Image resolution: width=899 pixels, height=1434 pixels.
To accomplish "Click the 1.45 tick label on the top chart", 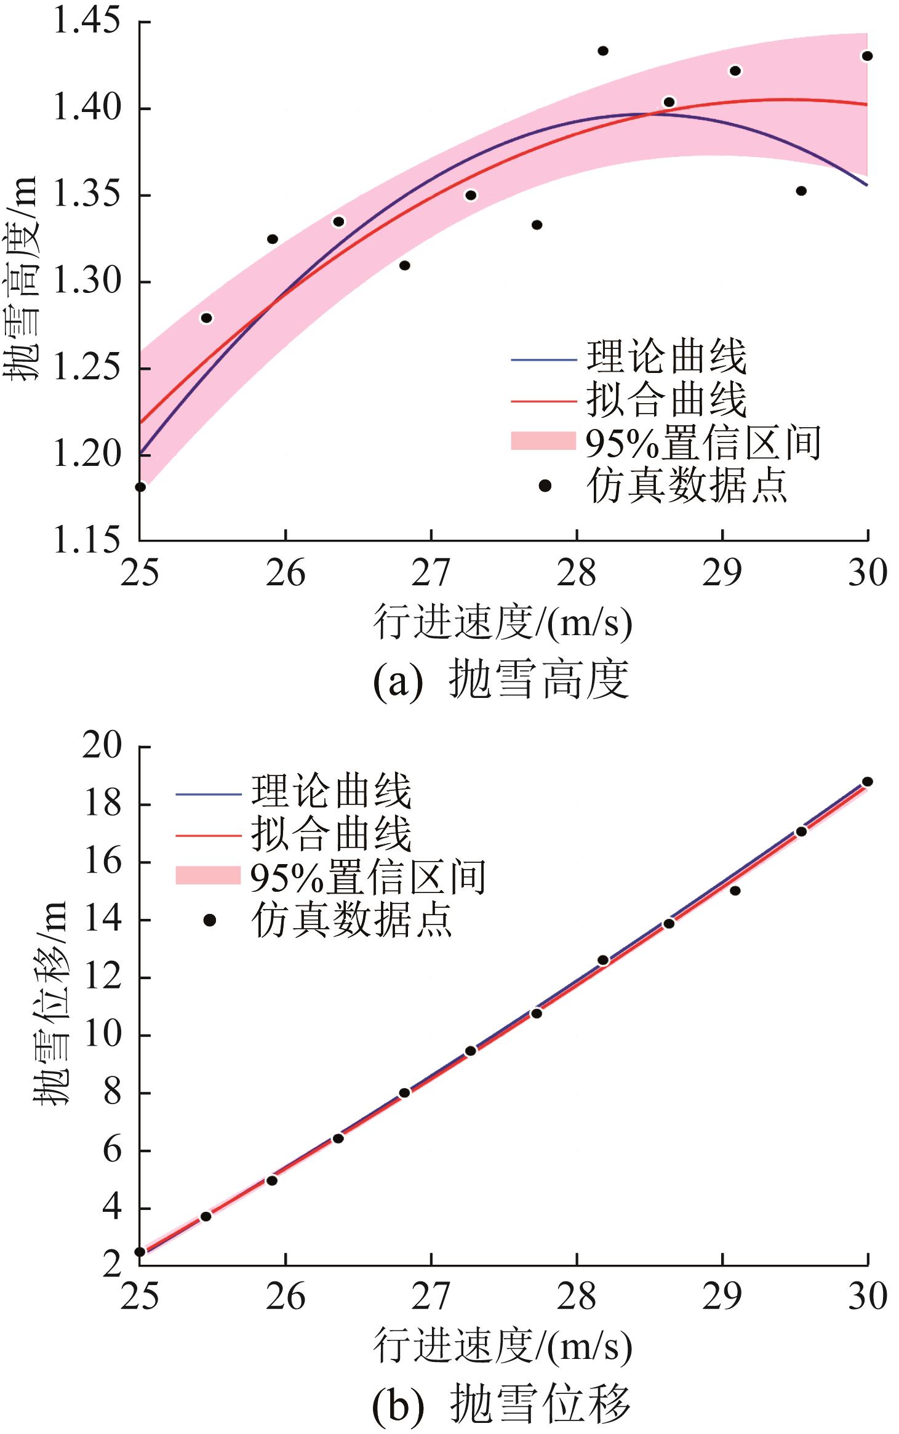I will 87,21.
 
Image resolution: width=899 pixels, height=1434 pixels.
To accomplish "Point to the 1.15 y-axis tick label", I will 87,540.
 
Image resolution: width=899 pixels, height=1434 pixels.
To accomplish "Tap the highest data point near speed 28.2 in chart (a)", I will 603,50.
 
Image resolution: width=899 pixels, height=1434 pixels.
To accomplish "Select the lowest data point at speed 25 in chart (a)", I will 140,487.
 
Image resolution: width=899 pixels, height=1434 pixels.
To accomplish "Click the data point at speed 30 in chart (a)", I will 867,56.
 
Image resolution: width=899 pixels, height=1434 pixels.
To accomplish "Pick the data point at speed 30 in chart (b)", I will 867,782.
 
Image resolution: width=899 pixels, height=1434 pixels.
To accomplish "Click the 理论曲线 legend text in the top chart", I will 666,357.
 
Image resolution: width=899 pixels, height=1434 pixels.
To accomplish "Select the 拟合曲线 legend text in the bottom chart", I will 331,835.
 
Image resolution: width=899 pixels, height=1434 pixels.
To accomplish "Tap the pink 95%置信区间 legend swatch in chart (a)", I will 543,441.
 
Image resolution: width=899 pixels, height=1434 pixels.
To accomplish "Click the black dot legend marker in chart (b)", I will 209,921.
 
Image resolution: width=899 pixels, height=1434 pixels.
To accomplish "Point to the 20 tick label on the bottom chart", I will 102,746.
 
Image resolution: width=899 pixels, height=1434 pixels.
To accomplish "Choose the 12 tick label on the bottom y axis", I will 102,977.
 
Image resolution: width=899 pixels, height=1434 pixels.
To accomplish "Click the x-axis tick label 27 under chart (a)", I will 431,573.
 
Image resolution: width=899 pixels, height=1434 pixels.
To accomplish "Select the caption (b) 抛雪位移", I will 501,1404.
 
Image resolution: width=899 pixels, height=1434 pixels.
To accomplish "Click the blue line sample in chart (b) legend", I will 208,794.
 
